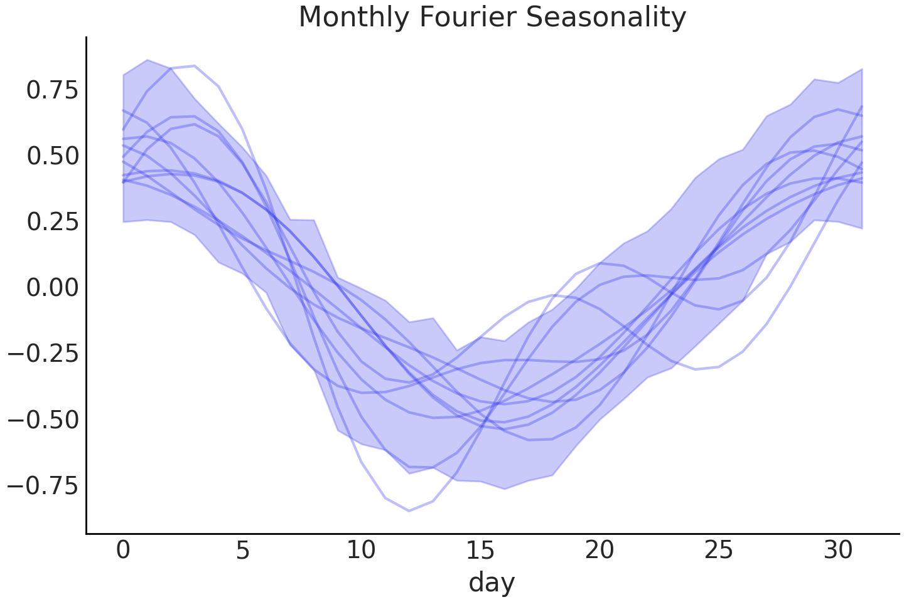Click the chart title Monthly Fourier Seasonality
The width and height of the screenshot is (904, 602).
tap(492, 17)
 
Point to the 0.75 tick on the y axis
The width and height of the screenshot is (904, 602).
tap(44, 90)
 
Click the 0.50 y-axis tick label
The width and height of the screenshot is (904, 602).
tap(44, 156)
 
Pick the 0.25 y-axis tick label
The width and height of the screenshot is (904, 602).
tap(44, 222)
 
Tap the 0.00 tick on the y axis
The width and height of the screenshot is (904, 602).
tap(44, 288)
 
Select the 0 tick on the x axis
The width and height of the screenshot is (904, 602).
tap(123, 551)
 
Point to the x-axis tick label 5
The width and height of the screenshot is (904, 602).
tap(242, 551)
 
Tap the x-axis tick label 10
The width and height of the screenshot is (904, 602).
tap(361, 551)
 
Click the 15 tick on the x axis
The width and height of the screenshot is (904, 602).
tap(480, 551)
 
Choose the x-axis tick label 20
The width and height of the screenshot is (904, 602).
tap(600, 551)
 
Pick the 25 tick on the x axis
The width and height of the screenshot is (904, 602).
tap(718, 551)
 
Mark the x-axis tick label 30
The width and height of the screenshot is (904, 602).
tap(837, 551)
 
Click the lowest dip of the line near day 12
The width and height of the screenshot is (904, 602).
tap(409, 510)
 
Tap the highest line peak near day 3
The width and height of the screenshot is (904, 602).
tap(195, 66)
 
